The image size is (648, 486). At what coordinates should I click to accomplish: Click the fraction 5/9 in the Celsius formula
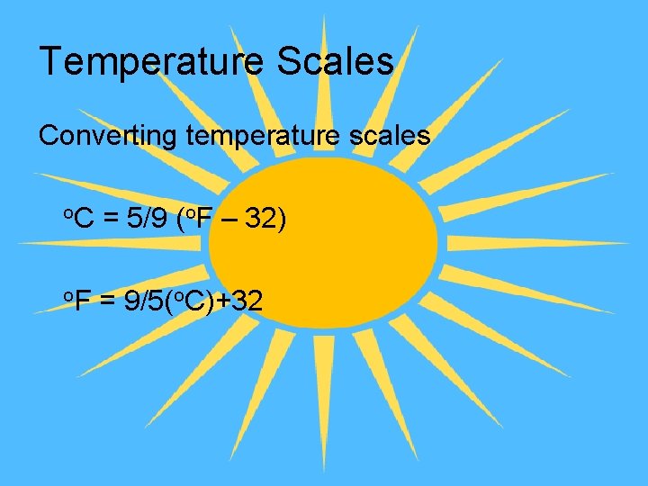click(147, 219)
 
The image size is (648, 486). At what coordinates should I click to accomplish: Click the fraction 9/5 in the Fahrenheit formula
click(143, 301)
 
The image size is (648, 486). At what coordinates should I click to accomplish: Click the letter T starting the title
click(51, 62)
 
